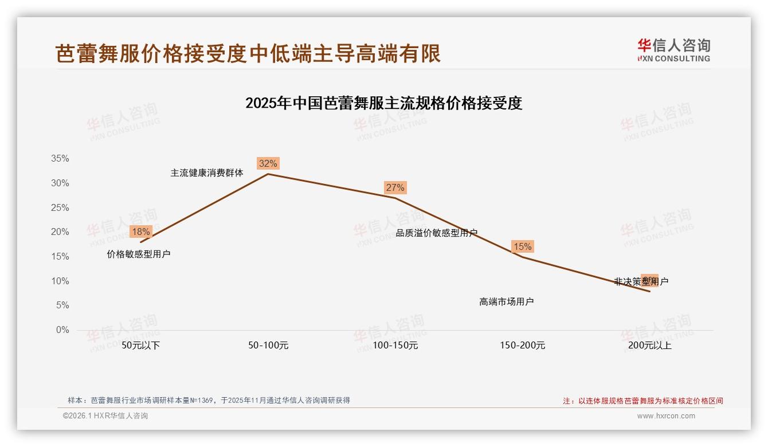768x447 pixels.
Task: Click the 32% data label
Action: point(268,164)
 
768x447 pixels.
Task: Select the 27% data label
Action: point(395,188)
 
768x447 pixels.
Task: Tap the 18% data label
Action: point(140,232)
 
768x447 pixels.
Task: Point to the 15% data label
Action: point(522,247)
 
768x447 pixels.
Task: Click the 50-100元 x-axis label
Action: point(268,346)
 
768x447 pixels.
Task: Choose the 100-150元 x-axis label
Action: point(395,346)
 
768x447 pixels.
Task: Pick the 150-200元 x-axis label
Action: point(523,346)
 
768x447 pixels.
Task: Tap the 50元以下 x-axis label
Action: point(141,346)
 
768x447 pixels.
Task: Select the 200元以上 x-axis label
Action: point(649,346)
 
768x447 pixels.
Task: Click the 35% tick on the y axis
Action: point(60,159)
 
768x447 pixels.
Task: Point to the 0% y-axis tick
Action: point(62,330)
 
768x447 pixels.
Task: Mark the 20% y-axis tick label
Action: point(60,232)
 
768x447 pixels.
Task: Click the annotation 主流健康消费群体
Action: point(207,173)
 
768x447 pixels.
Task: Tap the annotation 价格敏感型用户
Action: point(139,254)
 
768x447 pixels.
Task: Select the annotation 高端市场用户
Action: point(507,302)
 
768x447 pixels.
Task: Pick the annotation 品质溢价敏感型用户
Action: point(437,233)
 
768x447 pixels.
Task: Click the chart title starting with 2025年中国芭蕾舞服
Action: point(383,104)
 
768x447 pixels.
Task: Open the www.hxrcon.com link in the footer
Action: point(666,416)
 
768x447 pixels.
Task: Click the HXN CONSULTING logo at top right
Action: point(674,50)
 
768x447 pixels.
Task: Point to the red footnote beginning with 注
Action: point(642,401)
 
